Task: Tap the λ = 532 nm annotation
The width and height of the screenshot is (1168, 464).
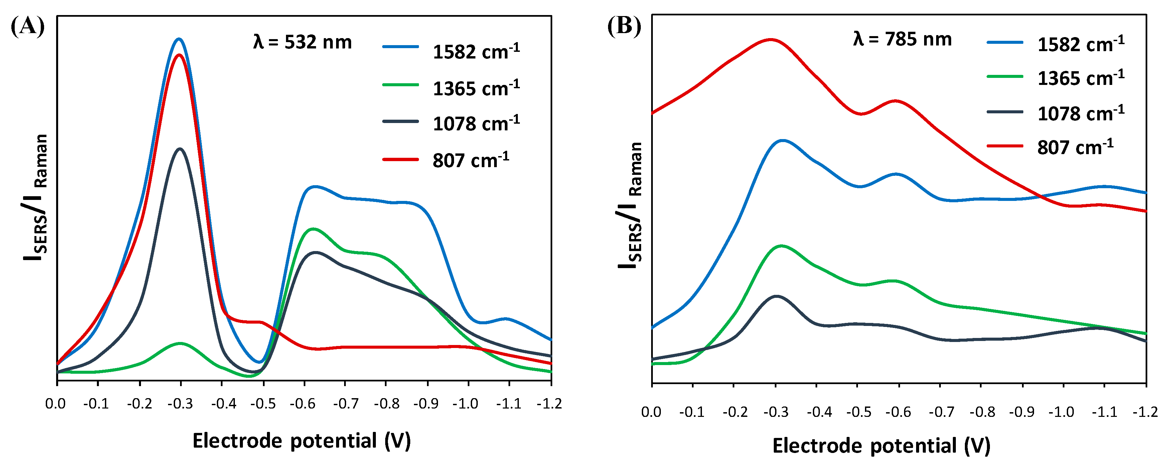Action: click(302, 42)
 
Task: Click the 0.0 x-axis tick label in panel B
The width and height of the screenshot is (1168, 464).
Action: click(651, 412)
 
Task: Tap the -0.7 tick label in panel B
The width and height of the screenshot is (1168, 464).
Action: click(941, 412)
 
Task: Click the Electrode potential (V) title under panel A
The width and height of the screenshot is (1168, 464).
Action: click(301, 440)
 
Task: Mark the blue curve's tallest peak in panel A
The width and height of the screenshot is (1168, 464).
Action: click(179, 39)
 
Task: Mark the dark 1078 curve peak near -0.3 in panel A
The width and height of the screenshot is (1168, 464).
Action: click(180, 149)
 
